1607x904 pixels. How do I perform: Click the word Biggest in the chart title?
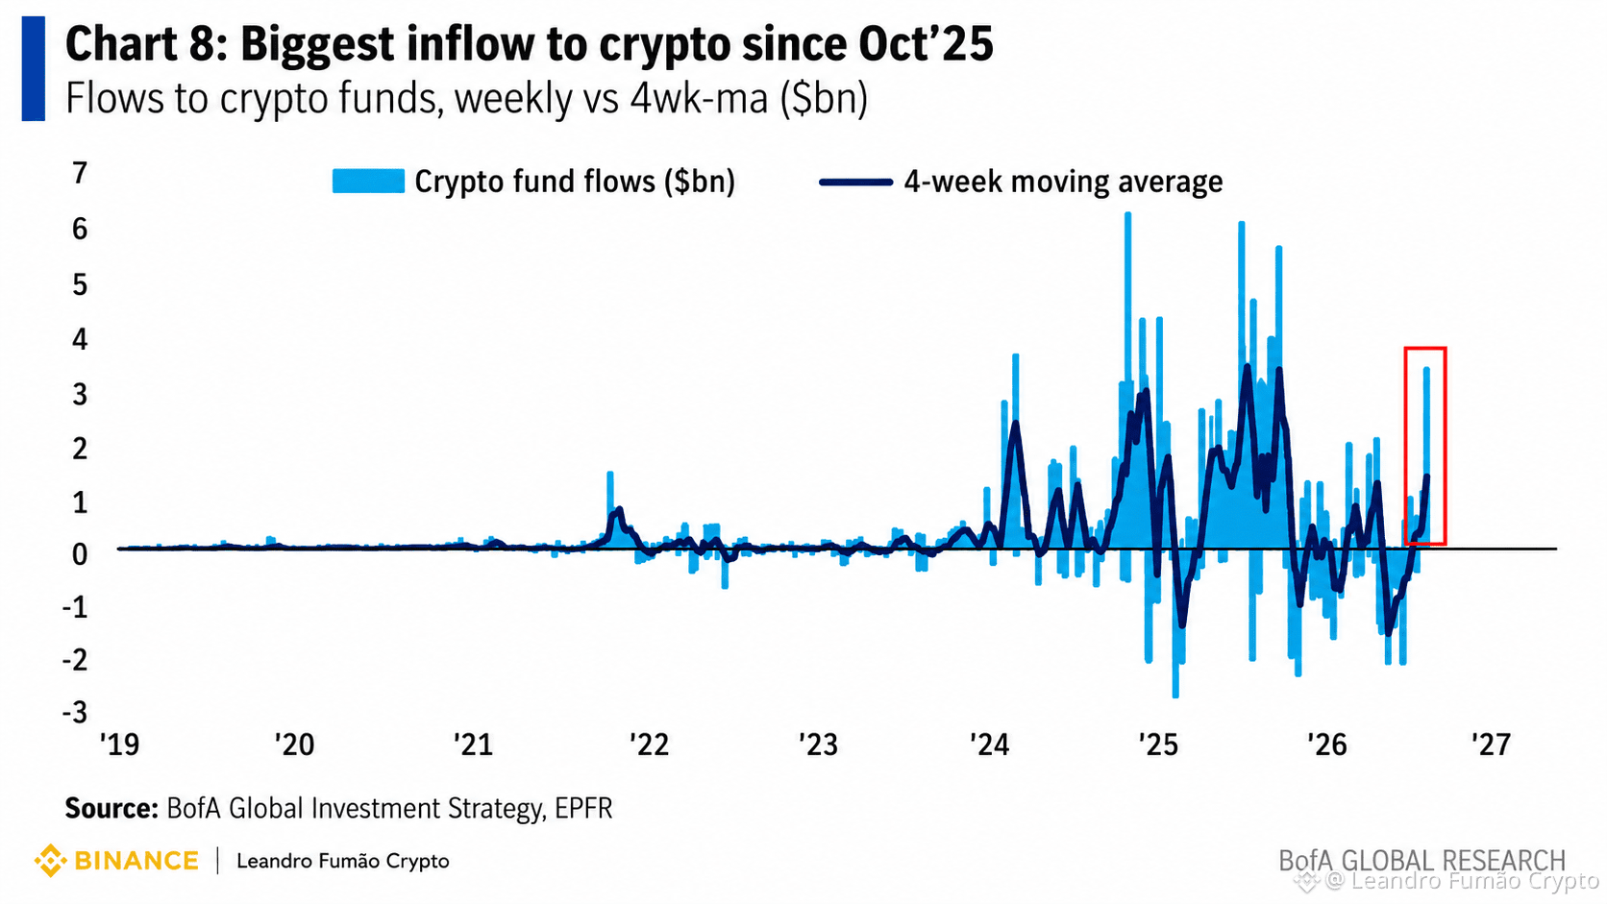[x=317, y=45]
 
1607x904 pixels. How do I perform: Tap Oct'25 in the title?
[x=926, y=44]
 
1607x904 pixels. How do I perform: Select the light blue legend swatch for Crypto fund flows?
[x=368, y=182]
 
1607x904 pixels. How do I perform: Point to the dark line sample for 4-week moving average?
[x=855, y=183]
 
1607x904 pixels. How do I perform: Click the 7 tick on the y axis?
[x=80, y=174]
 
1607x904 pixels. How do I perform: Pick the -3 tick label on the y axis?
[x=75, y=713]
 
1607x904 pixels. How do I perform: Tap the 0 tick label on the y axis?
[x=80, y=555]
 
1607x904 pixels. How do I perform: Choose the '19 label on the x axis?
[x=119, y=745]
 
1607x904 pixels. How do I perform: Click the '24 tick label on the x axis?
[x=989, y=745]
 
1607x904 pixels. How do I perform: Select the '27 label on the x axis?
[x=1491, y=745]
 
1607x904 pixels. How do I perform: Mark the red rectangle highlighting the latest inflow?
[x=1405, y=445]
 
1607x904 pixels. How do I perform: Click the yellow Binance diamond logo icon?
[x=50, y=860]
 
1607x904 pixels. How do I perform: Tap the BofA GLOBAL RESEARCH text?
[x=1422, y=860]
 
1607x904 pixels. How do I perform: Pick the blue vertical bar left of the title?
[x=33, y=69]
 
